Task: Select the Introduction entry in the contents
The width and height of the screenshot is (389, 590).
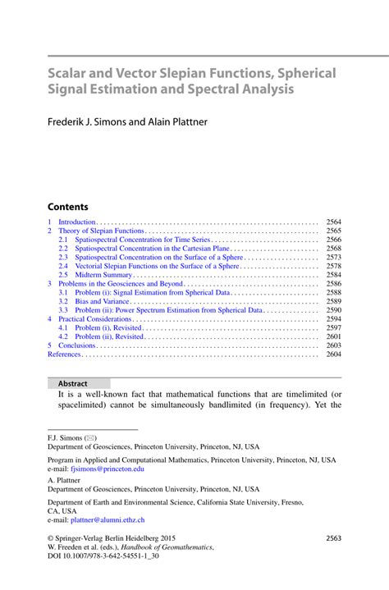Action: tap(77, 222)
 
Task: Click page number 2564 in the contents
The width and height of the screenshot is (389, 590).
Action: tap(333, 222)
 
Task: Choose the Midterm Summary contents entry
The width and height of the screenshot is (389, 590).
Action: tap(103, 275)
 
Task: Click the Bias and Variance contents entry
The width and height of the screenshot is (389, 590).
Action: tap(103, 301)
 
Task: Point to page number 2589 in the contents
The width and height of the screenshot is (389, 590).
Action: tap(333, 301)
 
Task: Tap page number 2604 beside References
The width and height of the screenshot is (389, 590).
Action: tap(333, 354)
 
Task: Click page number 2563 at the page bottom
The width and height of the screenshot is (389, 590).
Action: tap(333, 538)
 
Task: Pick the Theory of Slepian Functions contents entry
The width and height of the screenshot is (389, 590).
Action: tap(101, 231)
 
